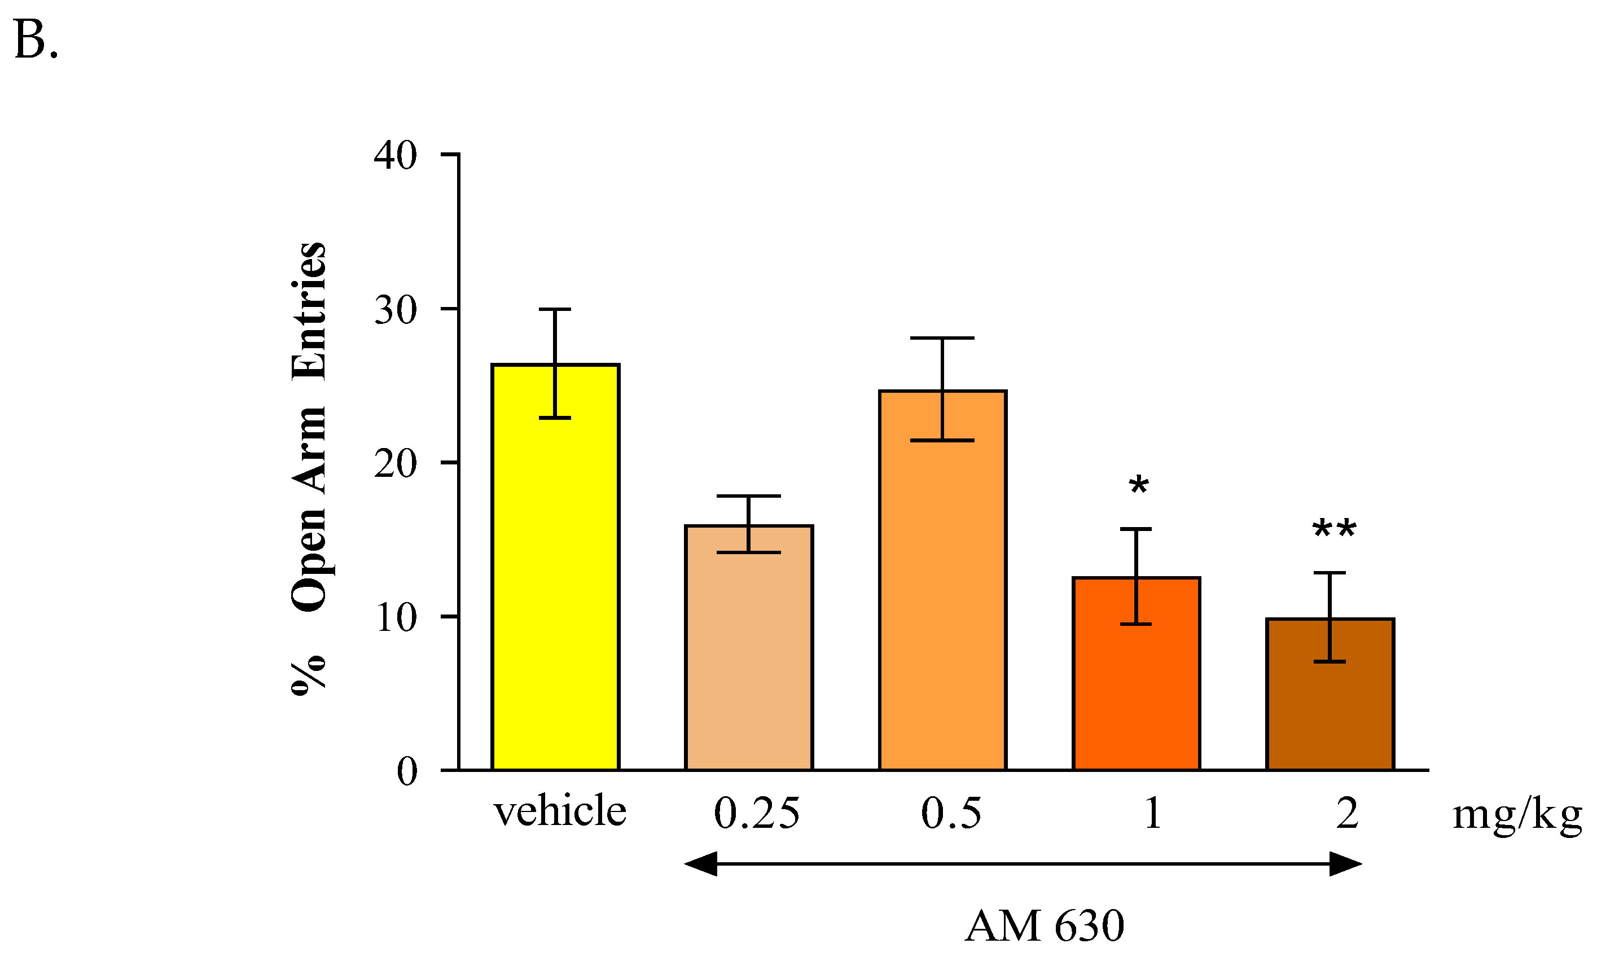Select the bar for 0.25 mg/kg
(x=749, y=648)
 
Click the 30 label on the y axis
(x=395, y=310)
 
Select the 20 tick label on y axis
(x=395, y=464)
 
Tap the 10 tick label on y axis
(x=395, y=618)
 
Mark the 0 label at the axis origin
(x=407, y=771)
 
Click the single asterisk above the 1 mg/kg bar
(x=1138, y=486)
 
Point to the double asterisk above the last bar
(x=1333, y=530)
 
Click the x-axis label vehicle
(x=560, y=811)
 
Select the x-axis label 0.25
(x=756, y=813)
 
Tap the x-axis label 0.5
(x=951, y=813)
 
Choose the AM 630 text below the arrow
(x=1044, y=926)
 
